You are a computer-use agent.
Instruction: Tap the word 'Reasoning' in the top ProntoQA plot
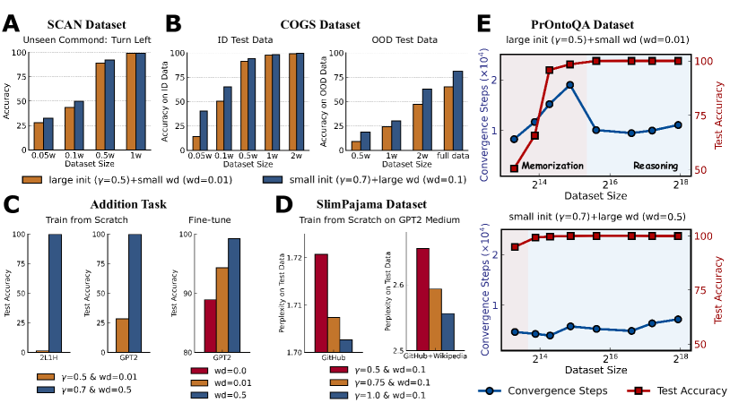[x=656, y=166]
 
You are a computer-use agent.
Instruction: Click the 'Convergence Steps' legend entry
[x=547, y=390]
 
